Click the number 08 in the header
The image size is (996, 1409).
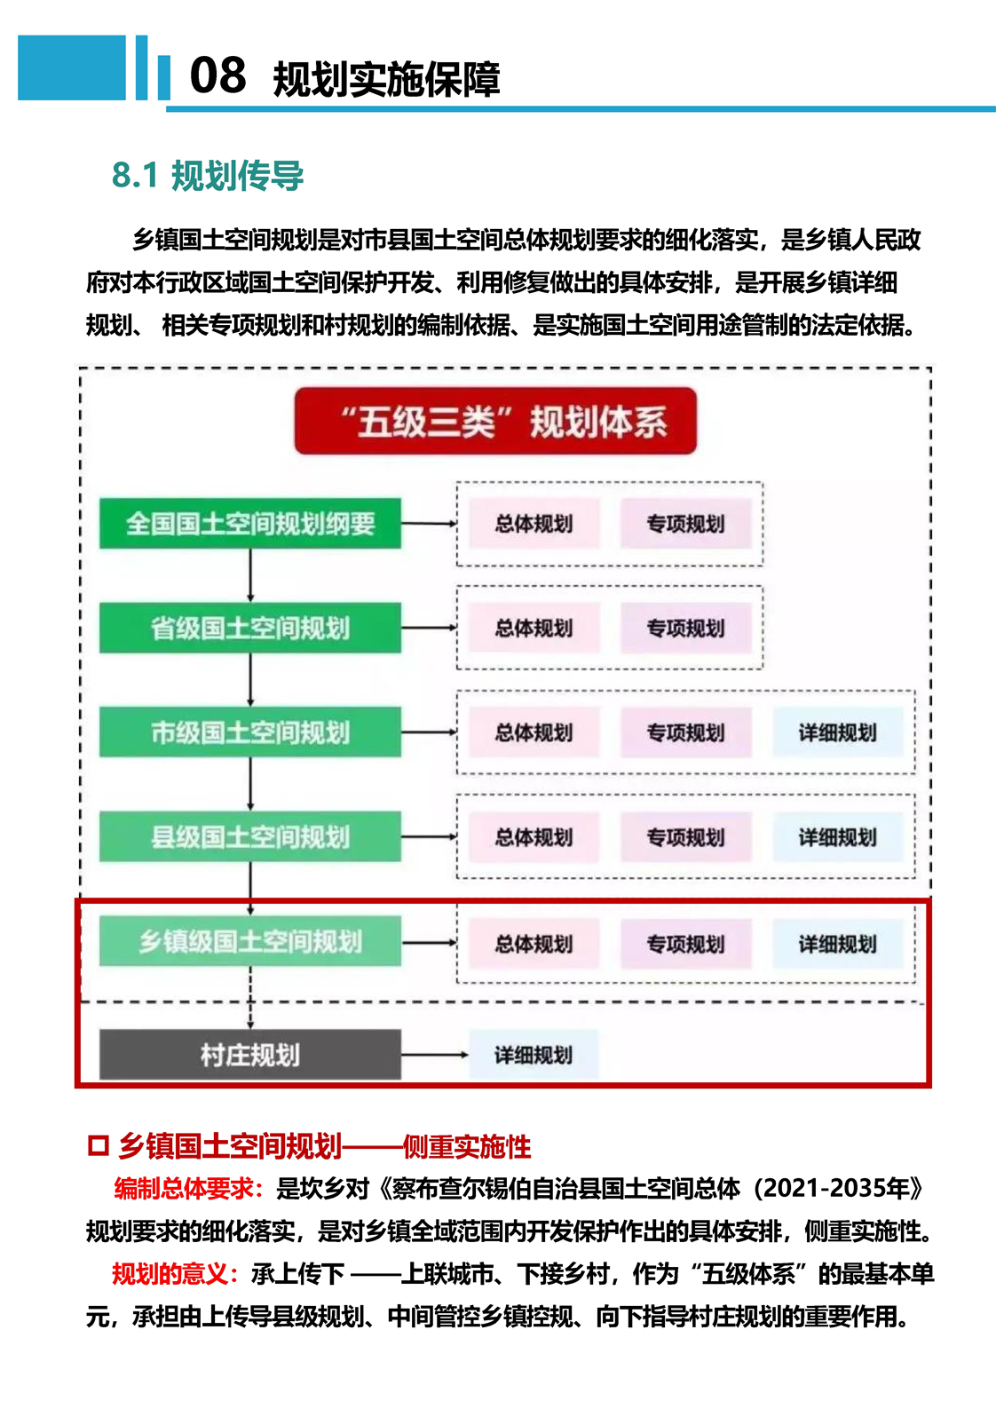pyautogui.click(x=217, y=75)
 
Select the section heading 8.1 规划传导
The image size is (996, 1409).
pyautogui.click(x=208, y=175)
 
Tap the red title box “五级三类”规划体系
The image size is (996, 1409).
pyautogui.click(x=495, y=421)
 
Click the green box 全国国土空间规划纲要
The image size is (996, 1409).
pyautogui.click(x=250, y=523)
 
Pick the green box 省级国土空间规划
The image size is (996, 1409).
pyautogui.click(x=250, y=628)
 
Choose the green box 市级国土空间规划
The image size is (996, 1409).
pyautogui.click(x=250, y=732)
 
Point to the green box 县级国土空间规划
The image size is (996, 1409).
pyautogui.click(x=250, y=836)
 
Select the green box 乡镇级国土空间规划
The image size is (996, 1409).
pyautogui.click(x=250, y=942)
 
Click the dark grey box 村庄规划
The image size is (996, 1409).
pyautogui.click(x=250, y=1055)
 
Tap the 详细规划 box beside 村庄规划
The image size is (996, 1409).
pyautogui.click(x=534, y=1055)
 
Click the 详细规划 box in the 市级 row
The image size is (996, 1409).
pyautogui.click(x=838, y=732)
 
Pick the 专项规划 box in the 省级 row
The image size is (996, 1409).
pyautogui.click(x=686, y=628)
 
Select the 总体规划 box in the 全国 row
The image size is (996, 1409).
pyautogui.click(x=534, y=523)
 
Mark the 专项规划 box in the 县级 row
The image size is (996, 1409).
pyautogui.click(x=686, y=836)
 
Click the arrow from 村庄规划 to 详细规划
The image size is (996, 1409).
pyautogui.click(x=435, y=1055)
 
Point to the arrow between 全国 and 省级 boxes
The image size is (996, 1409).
pyautogui.click(x=250, y=575)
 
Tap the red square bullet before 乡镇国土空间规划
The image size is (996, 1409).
pyautogui.click(x=98, y=1146)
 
